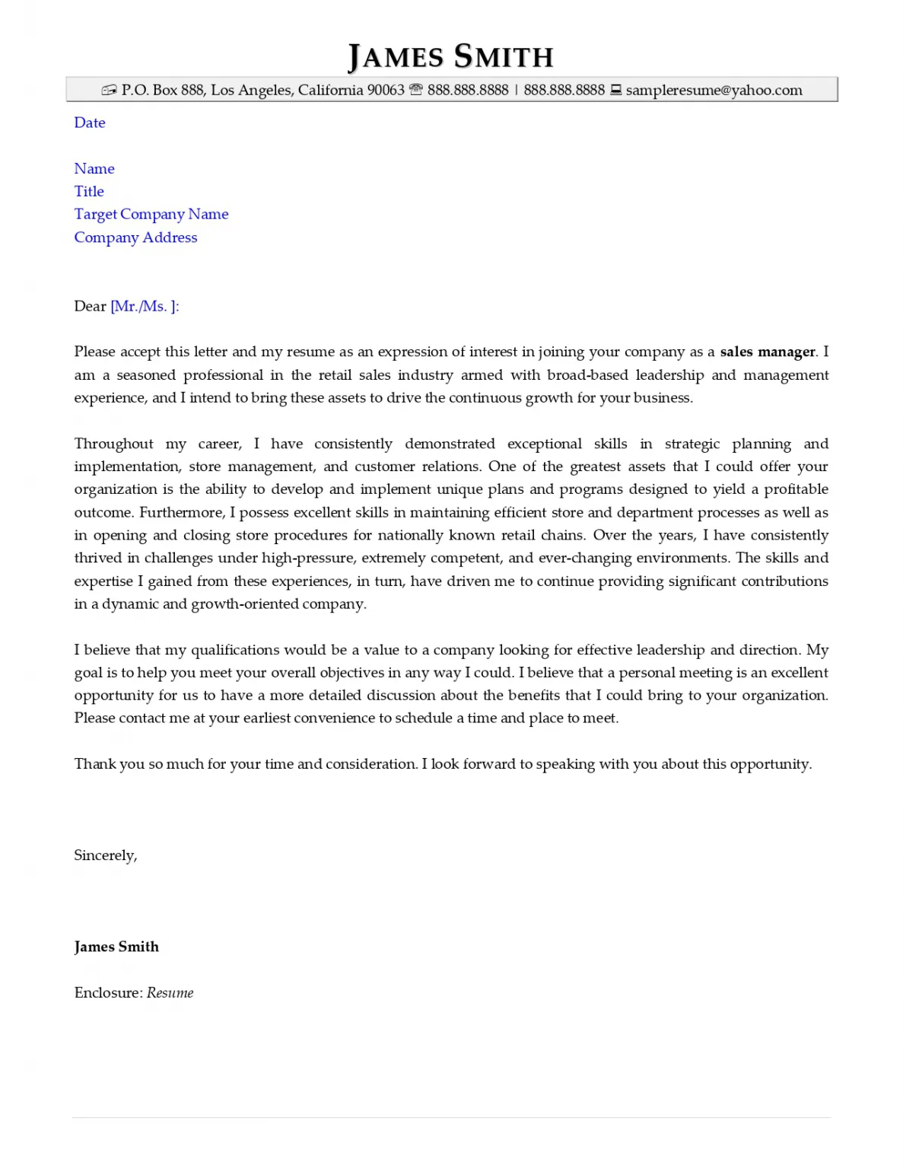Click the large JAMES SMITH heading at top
tap(450, 57)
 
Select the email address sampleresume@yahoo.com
tap(714, 91)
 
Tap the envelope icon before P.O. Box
tap(109, 91)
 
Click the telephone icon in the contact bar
tap(415, 90)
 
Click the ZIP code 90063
tap(386, 91)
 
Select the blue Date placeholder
tap(90, 123)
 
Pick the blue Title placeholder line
tap(89, 192)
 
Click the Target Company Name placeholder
tap(151, 215)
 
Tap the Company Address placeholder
tap(135, 237)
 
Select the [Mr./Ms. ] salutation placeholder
tap(145, 307)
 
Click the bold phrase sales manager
tap(767, 352)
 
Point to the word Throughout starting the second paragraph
tap(113, 444)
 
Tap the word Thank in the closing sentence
tap(94, 764)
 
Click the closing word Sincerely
tap(105, 855)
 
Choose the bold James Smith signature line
tap(116, 947)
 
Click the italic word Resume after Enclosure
tap(170, 993)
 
